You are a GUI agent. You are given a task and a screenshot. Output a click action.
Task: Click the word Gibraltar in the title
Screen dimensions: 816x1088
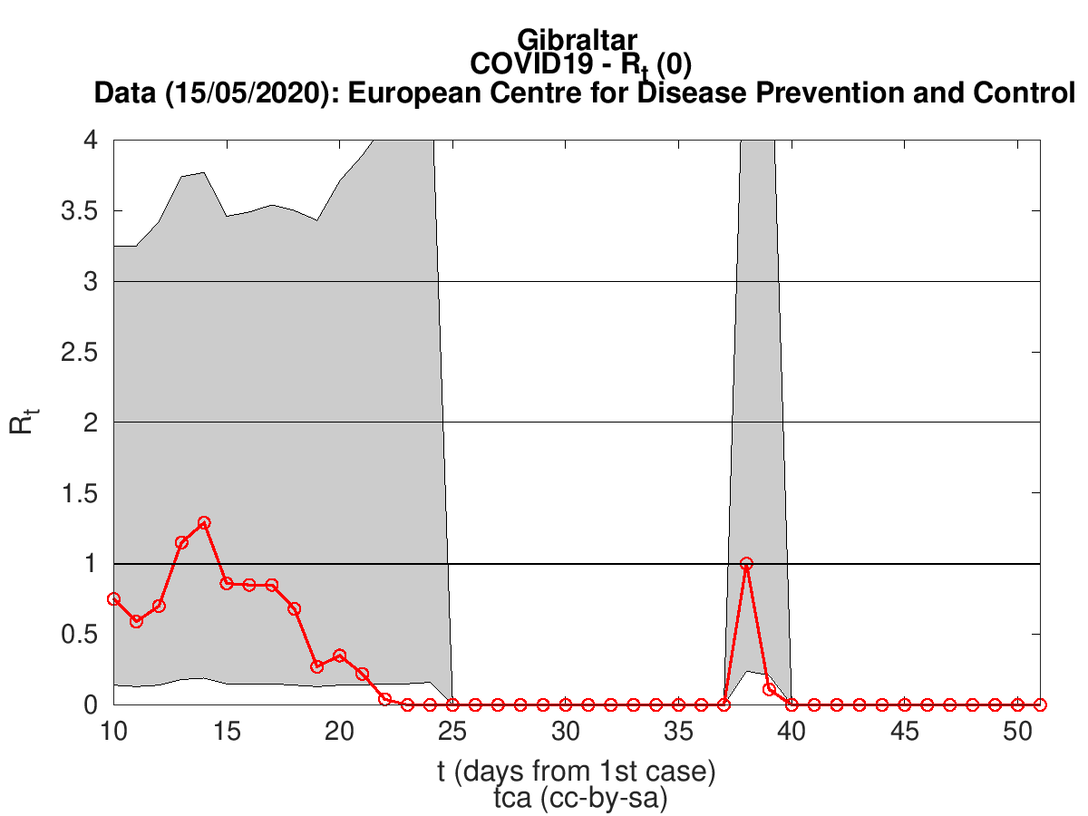click(x=578, y=39)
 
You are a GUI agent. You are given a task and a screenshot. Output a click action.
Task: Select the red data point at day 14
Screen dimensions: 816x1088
click(x=204, y=523)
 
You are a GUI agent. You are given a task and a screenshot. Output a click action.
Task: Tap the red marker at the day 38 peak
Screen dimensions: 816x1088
click(x=746, y=563)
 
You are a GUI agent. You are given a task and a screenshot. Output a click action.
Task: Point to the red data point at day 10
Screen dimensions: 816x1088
click(x=113, y=599)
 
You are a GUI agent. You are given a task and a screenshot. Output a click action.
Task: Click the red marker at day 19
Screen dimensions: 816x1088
click(x=317, y=666)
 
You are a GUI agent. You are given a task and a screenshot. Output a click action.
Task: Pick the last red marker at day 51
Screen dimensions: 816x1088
click(x=1040, y=704)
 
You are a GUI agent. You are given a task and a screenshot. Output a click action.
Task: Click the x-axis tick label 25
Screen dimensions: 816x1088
click(x=452, y=731)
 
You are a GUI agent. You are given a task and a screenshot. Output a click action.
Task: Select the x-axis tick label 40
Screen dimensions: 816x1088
click(x=792, y=731)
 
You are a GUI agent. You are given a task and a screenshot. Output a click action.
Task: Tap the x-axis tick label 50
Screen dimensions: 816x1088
click(x=1017, y=731)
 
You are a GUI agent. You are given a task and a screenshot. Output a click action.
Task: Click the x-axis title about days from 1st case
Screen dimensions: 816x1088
click(x=577, y=772)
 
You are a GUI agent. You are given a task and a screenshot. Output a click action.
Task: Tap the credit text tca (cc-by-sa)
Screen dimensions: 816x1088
click(x=577, y=798)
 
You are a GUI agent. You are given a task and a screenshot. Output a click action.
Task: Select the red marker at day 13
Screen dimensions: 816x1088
click(x=181, y=542)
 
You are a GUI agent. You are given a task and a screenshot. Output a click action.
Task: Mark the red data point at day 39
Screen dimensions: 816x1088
click(x=769, y=689)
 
